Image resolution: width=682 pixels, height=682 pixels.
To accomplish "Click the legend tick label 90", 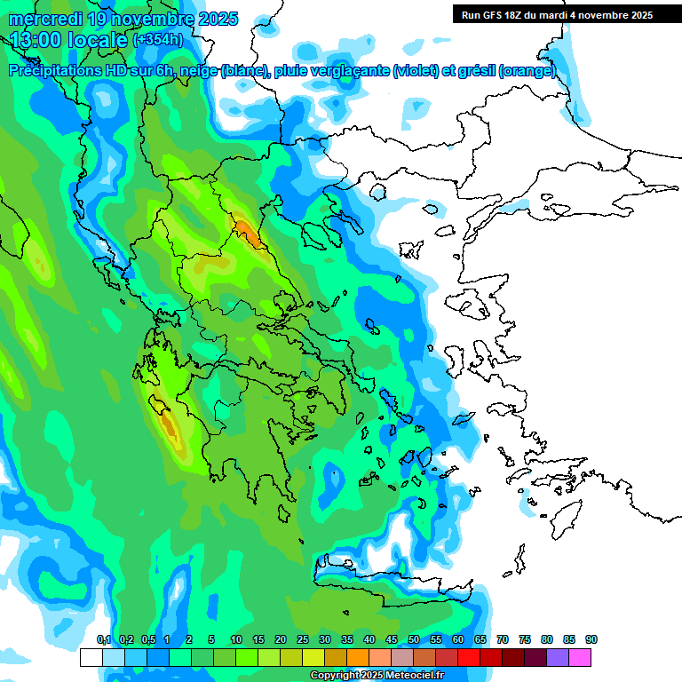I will point(591,639).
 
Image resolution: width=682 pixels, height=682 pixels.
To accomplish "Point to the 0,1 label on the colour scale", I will point(104,639).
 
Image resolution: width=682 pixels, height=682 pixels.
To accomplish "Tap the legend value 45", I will point(392,639).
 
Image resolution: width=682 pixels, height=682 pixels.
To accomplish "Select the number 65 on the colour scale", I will point(480,639).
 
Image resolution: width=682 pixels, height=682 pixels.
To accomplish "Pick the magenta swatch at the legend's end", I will point(580,657).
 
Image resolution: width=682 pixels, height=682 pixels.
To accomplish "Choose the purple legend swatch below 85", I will point(558,657).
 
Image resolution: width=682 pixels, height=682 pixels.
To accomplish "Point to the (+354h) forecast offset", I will point(158,40).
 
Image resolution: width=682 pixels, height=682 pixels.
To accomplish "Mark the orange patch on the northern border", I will point(248,234).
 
